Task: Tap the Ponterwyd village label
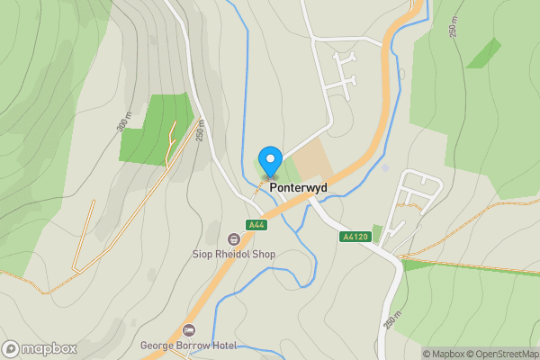298,189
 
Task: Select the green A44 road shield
256,225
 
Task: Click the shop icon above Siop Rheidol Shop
234,239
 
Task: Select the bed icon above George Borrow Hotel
189,330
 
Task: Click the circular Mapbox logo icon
11,348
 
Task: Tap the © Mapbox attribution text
447,354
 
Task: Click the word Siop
203,255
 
